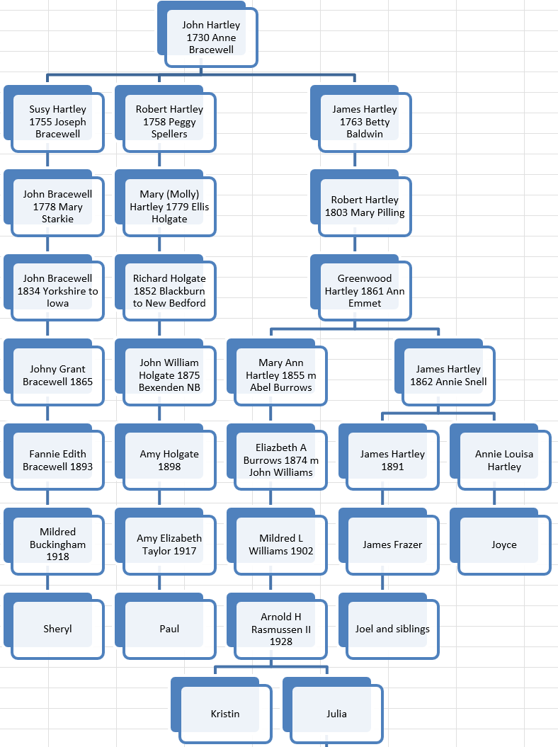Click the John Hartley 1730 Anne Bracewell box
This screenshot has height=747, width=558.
tap(211, 38)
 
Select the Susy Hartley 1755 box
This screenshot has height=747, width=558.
tap(57, 122)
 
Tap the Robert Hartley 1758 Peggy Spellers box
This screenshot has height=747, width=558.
tap(169, 122)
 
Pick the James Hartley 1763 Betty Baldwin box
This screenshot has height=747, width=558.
tap(365, 122)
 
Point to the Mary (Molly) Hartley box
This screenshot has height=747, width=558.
tap(169, 207)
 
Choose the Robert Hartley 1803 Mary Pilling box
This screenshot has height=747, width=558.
tap(365, 206)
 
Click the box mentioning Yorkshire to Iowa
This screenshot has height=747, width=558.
tap(57, 291)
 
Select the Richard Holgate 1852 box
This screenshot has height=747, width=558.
tap(169, 291)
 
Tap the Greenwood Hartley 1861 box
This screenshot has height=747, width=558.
tap(365, 291)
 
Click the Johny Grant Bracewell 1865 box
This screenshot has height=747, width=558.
tap(57, 375)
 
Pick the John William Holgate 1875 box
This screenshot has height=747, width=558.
tap(169, 375)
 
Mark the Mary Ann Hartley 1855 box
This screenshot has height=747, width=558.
tap(280, 375)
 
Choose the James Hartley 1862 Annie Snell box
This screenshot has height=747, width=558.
tap(448, 375)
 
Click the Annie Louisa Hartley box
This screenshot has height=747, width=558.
tap(504, 460)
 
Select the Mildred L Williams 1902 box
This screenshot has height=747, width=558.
tap(280, 544)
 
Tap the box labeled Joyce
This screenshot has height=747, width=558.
tap(504, 544)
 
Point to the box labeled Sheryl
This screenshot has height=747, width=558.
tap(57, 629)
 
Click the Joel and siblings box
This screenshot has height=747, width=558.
tap(392, 629)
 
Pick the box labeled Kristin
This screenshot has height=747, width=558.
tap(225, 714)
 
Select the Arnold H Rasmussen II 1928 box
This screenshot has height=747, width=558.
tap(280, 629)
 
